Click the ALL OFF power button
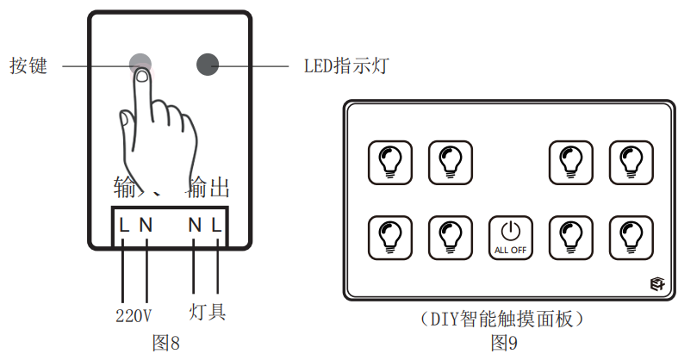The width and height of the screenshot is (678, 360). [x=511, y=236]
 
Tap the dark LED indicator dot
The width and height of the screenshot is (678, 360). [x=208, y=64]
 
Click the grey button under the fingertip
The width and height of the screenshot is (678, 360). [x=140, y=64]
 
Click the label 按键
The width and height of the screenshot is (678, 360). [x=28, y=65]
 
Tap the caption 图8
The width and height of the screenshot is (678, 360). [x=166, y=342]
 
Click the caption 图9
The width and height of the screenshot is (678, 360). [x=504, y=344]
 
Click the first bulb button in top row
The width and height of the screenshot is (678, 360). [x=390, y=161]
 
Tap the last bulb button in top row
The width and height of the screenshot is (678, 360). [x=631, y=161]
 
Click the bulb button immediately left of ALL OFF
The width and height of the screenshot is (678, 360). [x=451, y=236]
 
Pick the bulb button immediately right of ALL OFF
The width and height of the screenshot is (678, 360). [x=571, y=236]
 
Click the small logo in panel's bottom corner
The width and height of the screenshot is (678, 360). [x=659, y=286]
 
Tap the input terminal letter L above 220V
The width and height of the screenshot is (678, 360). [x=125, y=226]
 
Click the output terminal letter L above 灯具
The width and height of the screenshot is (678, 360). [x=217, y=226]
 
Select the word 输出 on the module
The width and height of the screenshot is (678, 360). [x=208, y=189]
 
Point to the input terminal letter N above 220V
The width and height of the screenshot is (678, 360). [x=146, y=226]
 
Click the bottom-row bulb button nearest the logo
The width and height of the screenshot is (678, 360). [x=631, y=236]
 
